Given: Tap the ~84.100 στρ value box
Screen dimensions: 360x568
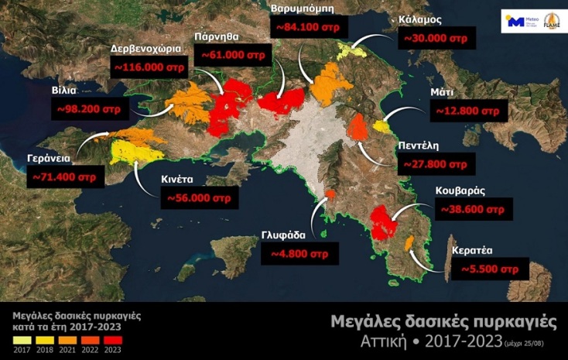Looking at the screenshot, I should [307, 27].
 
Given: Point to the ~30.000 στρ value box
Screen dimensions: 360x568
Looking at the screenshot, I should [434, 36].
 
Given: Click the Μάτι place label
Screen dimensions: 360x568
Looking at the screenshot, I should [442, 92].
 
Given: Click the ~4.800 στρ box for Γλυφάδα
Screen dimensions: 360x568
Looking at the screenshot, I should [299, 253].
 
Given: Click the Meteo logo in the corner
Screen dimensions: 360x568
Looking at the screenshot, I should [517, 22].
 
